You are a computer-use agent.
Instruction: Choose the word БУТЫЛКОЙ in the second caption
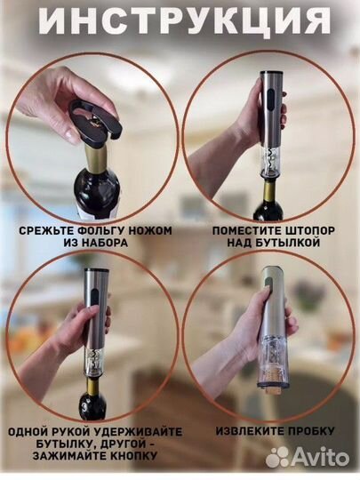287,243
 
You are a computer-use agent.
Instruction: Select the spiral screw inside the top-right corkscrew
270,160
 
